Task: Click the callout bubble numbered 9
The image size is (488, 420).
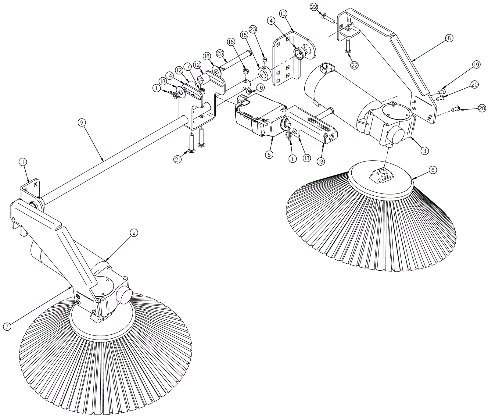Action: click(x=81, y=123)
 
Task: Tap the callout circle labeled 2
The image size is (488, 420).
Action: click(x=134, y=233)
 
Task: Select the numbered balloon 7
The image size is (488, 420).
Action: click(x=7, y=326)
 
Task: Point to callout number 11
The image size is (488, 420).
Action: click(x=23, y=162)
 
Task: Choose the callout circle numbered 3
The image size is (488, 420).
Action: click(x=425, y=150)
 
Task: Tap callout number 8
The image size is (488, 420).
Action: click(x=449, y=38)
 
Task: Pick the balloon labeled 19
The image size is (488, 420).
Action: click(x=476, y=65)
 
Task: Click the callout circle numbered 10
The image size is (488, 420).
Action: click(x=283, y=14)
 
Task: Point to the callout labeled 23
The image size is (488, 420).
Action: click(x=253, y=29)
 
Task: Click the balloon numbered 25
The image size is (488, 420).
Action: click(x=220, y=53)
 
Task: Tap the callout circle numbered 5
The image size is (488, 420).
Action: click(x=269, y=155)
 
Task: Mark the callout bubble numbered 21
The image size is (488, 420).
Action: click(x=178, y=159)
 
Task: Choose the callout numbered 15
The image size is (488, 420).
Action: click(x=244, y=35)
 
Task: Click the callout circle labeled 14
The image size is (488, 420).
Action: click(x=170, y=75)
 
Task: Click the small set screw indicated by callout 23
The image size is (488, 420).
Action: click(x=265, y=59)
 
